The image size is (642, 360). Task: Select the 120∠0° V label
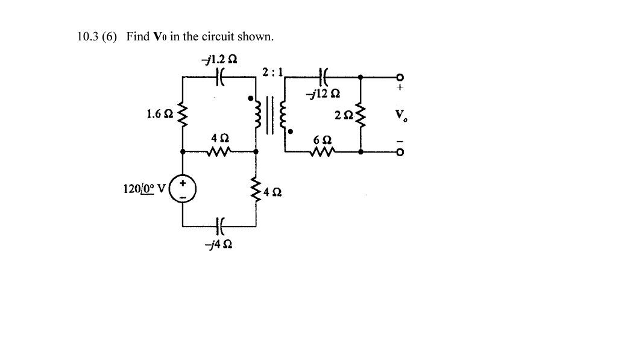pos(145,189)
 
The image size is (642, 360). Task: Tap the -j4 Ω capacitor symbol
pos(219,227)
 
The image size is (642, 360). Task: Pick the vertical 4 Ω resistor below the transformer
pos(257,192)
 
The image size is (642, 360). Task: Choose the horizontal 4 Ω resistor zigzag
pos(218,152)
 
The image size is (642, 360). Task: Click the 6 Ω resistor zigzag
pos(319,152)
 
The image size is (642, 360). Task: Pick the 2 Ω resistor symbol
pos(360,115)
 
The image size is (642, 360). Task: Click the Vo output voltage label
pos(398,115)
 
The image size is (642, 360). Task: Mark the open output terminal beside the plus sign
pos(398,77)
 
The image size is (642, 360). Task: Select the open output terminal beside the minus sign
pos(398,152)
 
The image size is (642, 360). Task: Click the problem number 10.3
pos(88,36)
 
